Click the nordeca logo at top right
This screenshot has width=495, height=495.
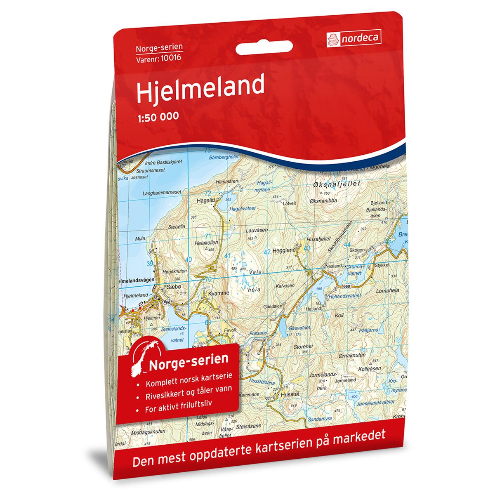tap(353, 38)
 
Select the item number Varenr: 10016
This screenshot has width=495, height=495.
tap(159, 57)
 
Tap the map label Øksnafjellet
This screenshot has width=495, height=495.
tap(337, 184)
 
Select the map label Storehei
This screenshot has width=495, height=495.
tap(303, 347)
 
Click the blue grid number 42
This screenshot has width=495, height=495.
tap(267, 251)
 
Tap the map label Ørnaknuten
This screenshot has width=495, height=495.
tap(351, 354)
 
